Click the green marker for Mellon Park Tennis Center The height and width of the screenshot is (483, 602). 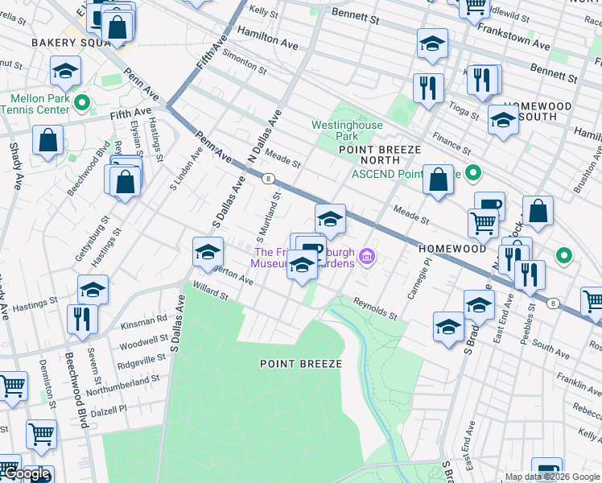tap(81, 103)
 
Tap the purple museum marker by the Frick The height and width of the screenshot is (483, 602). tap(368, 257)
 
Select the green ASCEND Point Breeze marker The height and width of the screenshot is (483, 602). tap(474, 173)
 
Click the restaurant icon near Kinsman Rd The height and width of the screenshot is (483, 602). tap(82, 318)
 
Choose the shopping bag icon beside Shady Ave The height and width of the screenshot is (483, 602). tap(48, 139)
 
